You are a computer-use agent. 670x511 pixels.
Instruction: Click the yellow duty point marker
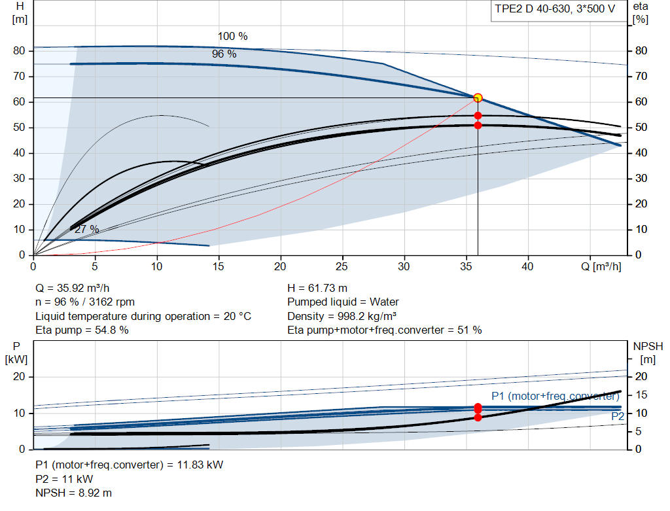[478, 98]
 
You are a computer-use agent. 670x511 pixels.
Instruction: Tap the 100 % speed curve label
[232, 37]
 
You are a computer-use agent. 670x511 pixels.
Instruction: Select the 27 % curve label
[87, 230]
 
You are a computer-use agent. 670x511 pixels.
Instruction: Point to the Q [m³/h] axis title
[601, 266]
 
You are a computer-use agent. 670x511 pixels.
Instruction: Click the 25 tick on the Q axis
[342, 266]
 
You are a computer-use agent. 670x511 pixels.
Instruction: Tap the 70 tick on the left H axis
[19, 77]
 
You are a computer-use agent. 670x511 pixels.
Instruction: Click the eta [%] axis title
[640, 13]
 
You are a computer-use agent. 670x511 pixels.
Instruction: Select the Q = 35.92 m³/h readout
[72, 288]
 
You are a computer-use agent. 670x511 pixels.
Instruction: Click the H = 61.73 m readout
[317, 288]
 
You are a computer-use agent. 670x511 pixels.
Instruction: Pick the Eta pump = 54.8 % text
[82, 330]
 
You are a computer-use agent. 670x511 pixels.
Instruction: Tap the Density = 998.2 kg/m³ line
[342, 316]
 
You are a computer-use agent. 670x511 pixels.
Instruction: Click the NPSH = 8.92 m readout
[73, 493]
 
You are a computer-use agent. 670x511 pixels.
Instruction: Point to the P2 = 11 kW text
[64, 479]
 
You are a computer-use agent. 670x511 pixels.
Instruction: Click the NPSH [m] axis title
[648, 353]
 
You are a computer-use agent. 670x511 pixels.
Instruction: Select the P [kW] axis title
[16, 353]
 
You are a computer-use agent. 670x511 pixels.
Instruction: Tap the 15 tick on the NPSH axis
[641, 395]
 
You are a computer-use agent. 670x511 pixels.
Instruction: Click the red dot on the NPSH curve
[478, 417]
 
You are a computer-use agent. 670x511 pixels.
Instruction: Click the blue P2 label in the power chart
[618, 416]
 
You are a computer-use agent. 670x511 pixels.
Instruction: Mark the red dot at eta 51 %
[478, 126]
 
